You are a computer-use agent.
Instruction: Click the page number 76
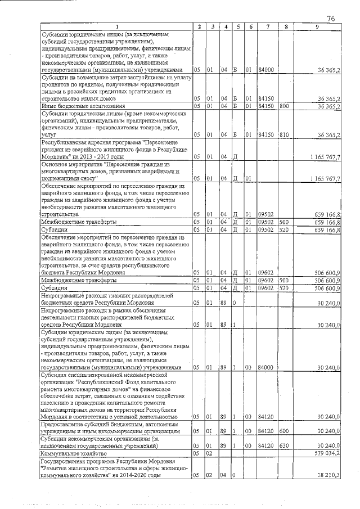[x=331, y=19]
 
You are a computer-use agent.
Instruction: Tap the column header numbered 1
[x=116, y=27]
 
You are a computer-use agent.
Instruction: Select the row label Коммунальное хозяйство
[x=73, y=453]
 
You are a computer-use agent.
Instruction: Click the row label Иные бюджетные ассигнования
[x=78, y=106]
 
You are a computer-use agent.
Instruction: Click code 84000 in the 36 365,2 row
[x=265, y=70]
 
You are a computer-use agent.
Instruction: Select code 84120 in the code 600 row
[x=265, y=431]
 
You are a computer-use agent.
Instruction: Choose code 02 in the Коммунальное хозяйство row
[x=209, y=453]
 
